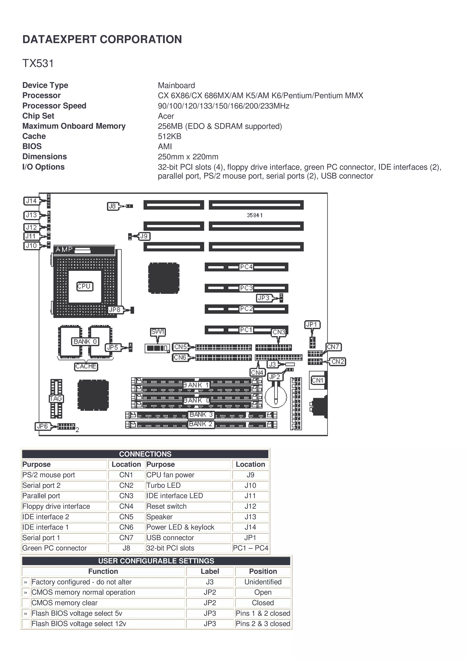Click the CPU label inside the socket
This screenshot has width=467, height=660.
coord(85,286)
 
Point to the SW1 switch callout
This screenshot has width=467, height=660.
coord(158,332)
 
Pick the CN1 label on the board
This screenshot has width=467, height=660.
coord(317,380)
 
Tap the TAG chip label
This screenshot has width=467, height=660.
coord(56,399)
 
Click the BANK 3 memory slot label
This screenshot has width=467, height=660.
coord(201,414)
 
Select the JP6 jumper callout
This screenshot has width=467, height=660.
coord(43,426)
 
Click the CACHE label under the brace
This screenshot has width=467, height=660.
coord(86,366)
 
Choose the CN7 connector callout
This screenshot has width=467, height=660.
coord(333,347)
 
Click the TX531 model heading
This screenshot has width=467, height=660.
coord(38,63)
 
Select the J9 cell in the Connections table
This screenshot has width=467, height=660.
coord(250,475)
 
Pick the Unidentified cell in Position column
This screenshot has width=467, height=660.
coord(263,582)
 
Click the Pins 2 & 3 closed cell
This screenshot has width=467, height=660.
coord(263,624)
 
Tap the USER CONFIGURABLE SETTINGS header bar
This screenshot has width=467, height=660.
coord(156,561)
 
